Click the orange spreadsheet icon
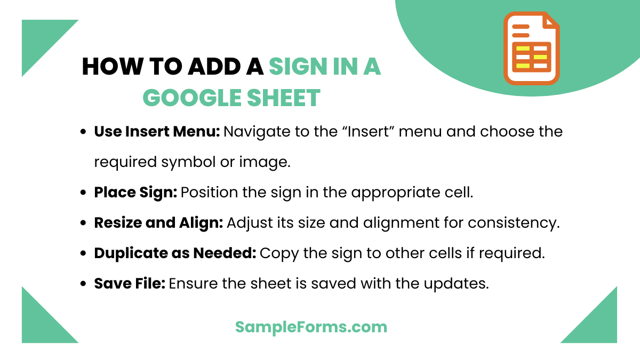tap(531, 49)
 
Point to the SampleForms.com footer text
tap(311, 326)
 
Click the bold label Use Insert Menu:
tap(157, 131)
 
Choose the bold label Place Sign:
tap(135, 192)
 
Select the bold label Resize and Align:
tap(158, 222)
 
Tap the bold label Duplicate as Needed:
tap(175, 253)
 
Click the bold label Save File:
tap(130, 283)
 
